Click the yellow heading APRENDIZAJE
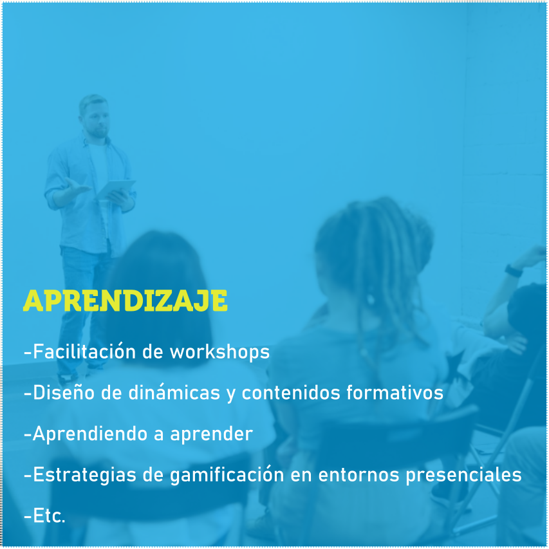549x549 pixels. (x=126, y=301)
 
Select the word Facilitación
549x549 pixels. (x=84, y=351)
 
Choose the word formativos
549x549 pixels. (x=395, y=392)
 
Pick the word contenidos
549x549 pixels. (x=291, y=392)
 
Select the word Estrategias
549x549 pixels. (x=84, y=475)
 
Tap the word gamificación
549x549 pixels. (x=227, y=475)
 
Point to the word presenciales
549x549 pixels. (x=464, y=475)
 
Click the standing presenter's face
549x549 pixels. (x=97, y=121)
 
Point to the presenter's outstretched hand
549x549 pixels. (x=77, y=187)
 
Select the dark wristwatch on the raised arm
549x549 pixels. (x=514, y=271)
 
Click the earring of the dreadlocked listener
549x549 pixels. (x=370, y=299)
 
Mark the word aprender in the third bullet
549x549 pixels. (x=212, y=434)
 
